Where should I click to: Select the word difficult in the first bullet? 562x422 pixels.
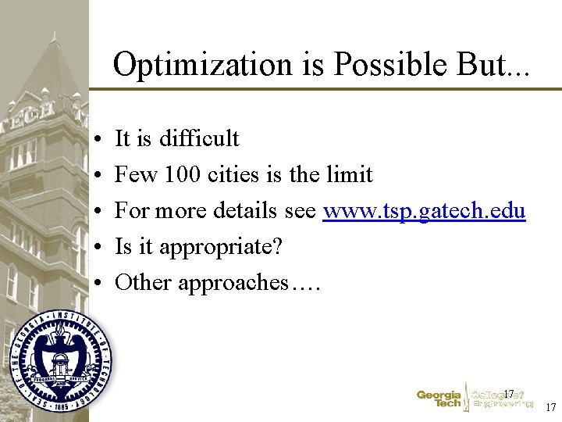199,138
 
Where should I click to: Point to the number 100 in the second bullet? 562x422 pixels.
182,174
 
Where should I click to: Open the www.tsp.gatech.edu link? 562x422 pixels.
424,211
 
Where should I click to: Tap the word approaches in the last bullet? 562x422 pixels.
233,283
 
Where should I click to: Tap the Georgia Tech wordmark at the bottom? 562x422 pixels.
439,399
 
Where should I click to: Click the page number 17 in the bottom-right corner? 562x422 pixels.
550,407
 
